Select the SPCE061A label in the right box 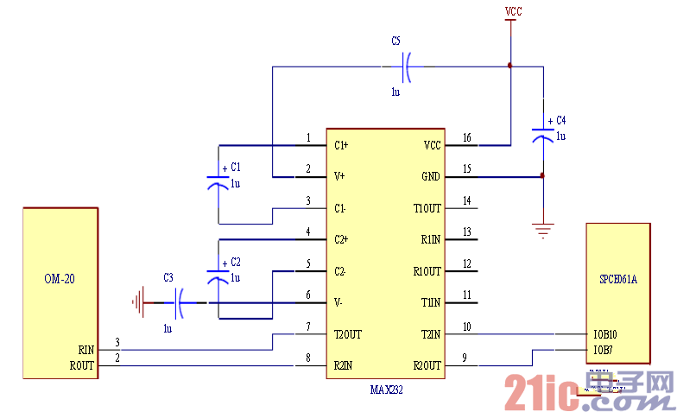coord(618,280)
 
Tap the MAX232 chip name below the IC coord(386,390)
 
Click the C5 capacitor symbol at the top coord(407,66)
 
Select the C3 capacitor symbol coord(180,302)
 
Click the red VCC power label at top coord(513,12)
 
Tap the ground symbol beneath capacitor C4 coord(542,231)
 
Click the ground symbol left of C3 coord(136,302)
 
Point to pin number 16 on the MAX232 coord(467,138)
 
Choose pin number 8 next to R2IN coord(308,358)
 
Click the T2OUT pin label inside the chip coord(349,334)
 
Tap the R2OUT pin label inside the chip coord(427,365)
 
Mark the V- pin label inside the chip coord(339,302)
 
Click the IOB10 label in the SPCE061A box coord(605,333)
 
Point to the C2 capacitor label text coord(236,262)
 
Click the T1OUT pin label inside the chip coord(427,208)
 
